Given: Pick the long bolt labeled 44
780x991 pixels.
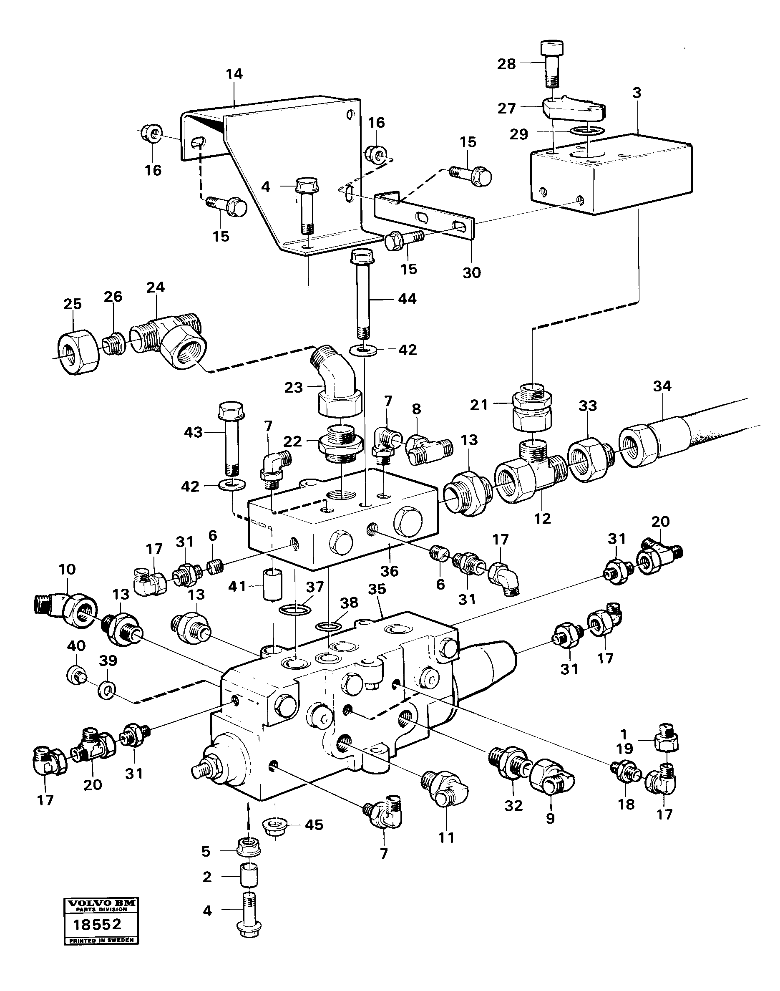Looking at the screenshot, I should (364, 297).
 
